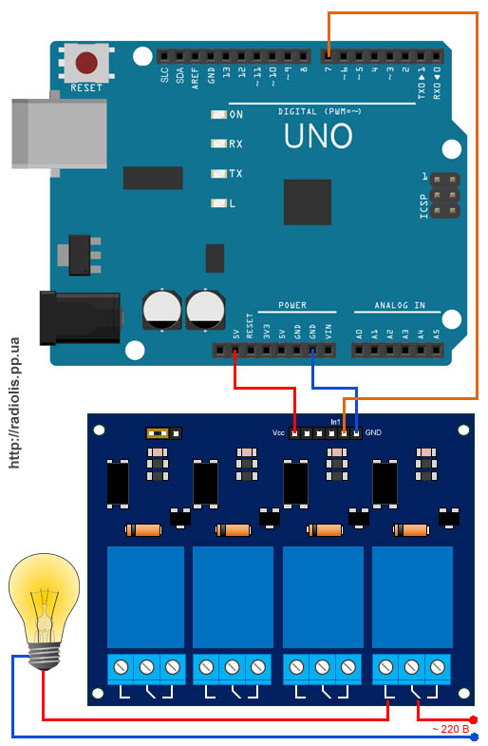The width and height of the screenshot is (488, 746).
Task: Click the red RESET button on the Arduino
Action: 86,64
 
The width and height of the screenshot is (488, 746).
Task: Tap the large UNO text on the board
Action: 318,136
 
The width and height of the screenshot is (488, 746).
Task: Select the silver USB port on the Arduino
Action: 57,133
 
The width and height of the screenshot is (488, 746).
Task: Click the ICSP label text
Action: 424,201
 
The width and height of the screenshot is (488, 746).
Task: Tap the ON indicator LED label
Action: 236,115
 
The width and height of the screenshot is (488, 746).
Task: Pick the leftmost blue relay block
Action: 145,597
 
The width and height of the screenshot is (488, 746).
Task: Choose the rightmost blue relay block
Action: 412,597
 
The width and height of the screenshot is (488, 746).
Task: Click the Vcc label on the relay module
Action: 278,433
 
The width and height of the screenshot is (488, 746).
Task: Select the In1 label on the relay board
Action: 335,420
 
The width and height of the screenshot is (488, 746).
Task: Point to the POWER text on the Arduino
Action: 292,306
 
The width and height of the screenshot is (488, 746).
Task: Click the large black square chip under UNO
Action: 307,201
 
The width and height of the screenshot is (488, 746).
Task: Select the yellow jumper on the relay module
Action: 159,432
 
